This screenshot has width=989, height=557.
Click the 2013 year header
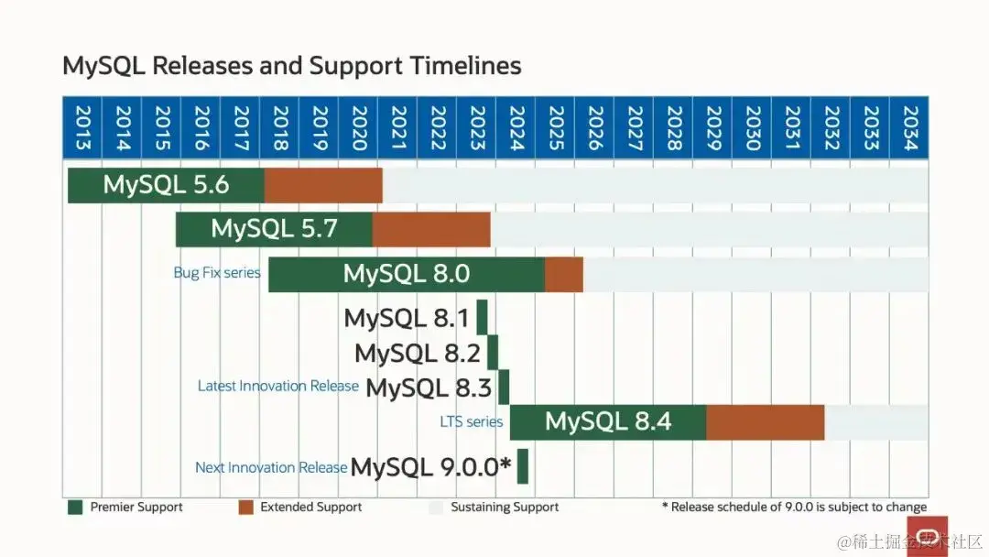tap(82, 129)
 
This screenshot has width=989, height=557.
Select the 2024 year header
tap(516, 129)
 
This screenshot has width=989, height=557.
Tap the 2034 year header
tap(909, 129)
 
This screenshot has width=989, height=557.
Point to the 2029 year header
tap(712, 129)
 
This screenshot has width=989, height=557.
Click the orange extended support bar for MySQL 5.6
tap(323, 185)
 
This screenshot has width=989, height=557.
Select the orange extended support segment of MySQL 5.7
tap(431, 229)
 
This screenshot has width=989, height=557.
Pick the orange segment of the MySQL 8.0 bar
tap(564, 274)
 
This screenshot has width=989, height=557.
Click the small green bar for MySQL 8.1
tap(482, 318)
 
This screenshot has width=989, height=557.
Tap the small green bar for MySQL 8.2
tap(493, 353)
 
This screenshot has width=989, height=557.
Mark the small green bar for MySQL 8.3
tap(504, 387)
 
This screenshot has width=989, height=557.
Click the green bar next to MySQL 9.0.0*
tap(523, 466)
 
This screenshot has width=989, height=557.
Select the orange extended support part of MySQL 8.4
tap(765, 421)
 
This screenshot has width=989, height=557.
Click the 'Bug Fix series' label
tap(217, 273)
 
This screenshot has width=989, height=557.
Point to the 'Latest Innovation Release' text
tap(278, 387)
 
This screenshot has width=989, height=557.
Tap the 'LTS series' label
tap(472, 422)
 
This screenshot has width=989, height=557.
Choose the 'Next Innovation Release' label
tap(271, 467)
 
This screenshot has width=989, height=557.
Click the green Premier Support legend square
tap(75, 507)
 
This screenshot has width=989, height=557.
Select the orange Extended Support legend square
tap(245, 507)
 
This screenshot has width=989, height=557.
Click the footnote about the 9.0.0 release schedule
tap(794, 507)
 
